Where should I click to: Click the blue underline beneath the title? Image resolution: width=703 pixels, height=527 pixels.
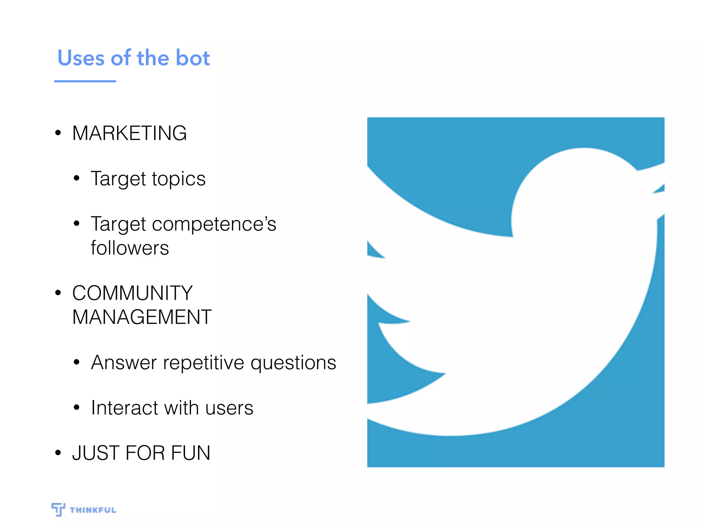click(85, 81)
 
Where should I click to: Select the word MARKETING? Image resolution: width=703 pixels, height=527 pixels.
click(129, 133)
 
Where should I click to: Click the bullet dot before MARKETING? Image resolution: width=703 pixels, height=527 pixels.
click(58, 133)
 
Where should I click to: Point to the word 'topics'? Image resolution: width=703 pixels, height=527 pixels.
click(178, 179)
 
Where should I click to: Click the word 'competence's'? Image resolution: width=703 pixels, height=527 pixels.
click(214, 224)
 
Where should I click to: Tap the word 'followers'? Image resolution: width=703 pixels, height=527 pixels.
click(130, 248)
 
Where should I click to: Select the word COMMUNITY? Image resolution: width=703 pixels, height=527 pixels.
click(132, 293)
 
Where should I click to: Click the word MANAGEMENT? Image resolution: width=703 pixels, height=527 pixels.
click(142, 317)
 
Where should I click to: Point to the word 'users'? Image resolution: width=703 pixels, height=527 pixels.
click(229, 408)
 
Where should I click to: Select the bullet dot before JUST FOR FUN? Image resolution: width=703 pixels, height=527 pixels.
click(58, 453)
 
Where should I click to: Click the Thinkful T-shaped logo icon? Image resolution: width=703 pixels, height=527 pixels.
click(58, 509)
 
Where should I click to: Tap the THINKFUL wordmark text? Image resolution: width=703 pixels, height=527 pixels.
click(93, 510)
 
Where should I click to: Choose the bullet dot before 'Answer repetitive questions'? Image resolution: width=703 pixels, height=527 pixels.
click(77, 362)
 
